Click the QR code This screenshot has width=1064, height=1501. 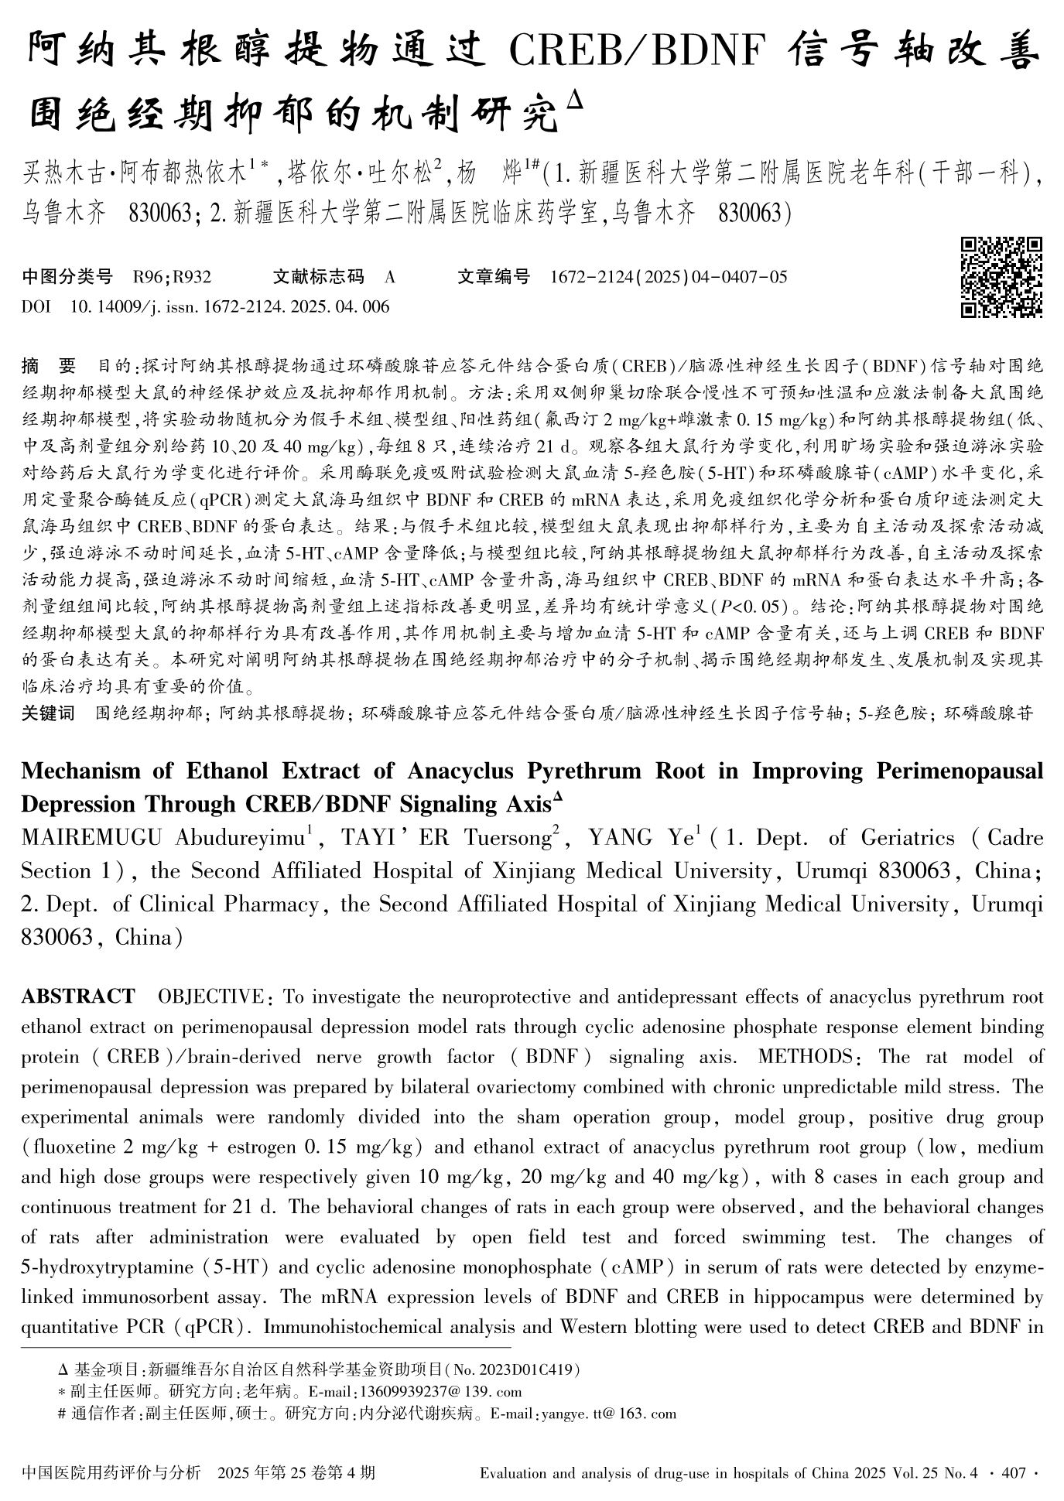tap(1001, 278)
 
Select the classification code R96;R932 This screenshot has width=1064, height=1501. tap(173, 277)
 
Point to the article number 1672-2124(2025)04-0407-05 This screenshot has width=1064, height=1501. tap(668, 277)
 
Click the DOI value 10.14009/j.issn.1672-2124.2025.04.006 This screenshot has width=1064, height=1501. tap(230, 306)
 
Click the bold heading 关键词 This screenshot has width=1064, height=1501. tap(48, 713)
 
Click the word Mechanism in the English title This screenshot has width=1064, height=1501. tap(80, 771)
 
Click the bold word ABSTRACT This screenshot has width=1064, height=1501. tap(77, 996)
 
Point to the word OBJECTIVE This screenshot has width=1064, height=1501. tap(210, 996)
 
